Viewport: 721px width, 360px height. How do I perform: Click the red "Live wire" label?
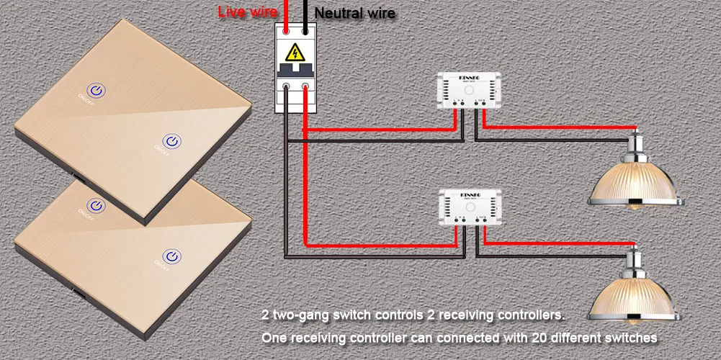248,12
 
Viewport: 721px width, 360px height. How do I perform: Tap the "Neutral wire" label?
354,13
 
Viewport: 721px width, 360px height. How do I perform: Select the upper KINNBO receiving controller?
469,92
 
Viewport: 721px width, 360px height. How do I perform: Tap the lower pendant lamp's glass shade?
635,302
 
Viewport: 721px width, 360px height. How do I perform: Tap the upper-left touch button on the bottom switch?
91,204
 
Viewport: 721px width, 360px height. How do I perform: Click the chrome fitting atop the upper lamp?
635,143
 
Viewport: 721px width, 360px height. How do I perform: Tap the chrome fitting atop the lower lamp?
635,260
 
